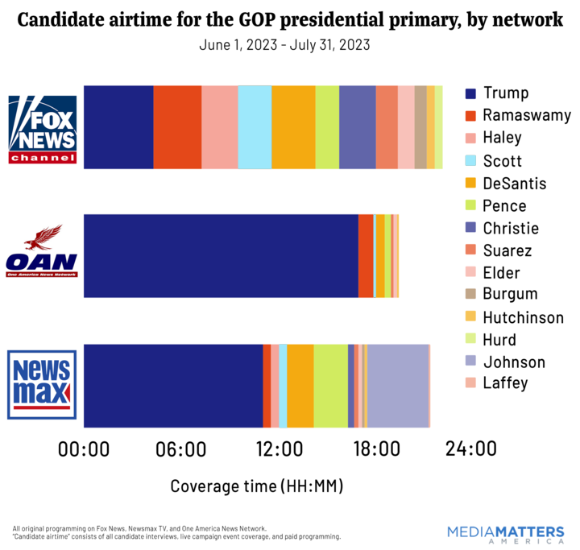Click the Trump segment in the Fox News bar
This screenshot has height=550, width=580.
118,127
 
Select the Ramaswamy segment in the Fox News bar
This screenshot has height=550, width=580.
177,127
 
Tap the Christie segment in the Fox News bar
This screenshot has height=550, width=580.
357,127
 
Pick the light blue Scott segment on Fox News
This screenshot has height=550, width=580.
255,127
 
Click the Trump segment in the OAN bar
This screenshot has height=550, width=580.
221,256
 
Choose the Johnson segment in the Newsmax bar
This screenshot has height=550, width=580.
398,386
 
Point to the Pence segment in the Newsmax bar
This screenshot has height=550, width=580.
330,386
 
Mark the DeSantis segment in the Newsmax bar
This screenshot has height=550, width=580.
300,386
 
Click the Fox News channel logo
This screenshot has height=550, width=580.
42,129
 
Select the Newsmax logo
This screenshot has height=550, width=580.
42,384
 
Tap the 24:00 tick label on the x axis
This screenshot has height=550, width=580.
471,449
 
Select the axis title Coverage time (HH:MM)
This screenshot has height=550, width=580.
257,486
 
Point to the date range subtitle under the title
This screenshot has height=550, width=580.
284,45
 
